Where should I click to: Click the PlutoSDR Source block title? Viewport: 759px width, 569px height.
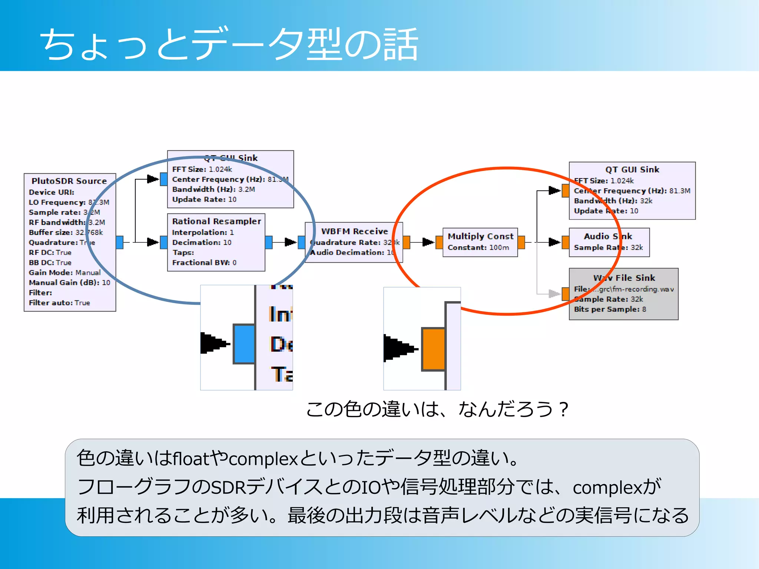(x=69, y=181)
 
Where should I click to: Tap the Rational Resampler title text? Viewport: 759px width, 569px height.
(x=216, y=221)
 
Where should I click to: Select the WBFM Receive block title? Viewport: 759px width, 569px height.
(x=354, y=231)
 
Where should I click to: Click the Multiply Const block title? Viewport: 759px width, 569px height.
(x=480, y=236)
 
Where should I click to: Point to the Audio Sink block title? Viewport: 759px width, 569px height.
(x=608, y=236)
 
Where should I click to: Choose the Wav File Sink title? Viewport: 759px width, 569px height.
(x=624, y=278)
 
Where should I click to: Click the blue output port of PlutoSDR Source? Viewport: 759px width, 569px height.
(x=119, y=242)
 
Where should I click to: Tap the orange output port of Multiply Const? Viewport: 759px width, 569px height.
(x=521, y=242)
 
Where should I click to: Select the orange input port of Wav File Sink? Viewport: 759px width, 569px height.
(x=565, y=294)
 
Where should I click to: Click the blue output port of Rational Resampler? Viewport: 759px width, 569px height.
(x=269, y=242)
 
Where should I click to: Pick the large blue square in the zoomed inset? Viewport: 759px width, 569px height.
(x=244, y=344)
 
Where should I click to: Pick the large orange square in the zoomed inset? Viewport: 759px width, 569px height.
(x=433, y=349)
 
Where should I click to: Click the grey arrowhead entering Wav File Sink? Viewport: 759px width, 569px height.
(x=554, y=294)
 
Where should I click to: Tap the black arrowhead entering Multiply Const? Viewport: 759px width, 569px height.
(x=428, y=242)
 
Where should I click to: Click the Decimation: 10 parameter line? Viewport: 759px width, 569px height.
(x=202, y=242)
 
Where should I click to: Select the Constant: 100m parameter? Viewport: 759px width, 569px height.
(x=478, y=247)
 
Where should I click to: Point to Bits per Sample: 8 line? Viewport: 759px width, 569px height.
(x=610, y=309)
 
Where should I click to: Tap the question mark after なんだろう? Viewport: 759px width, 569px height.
(x=564, y=409)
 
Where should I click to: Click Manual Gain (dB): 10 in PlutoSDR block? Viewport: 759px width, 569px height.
(x=69, y=282)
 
